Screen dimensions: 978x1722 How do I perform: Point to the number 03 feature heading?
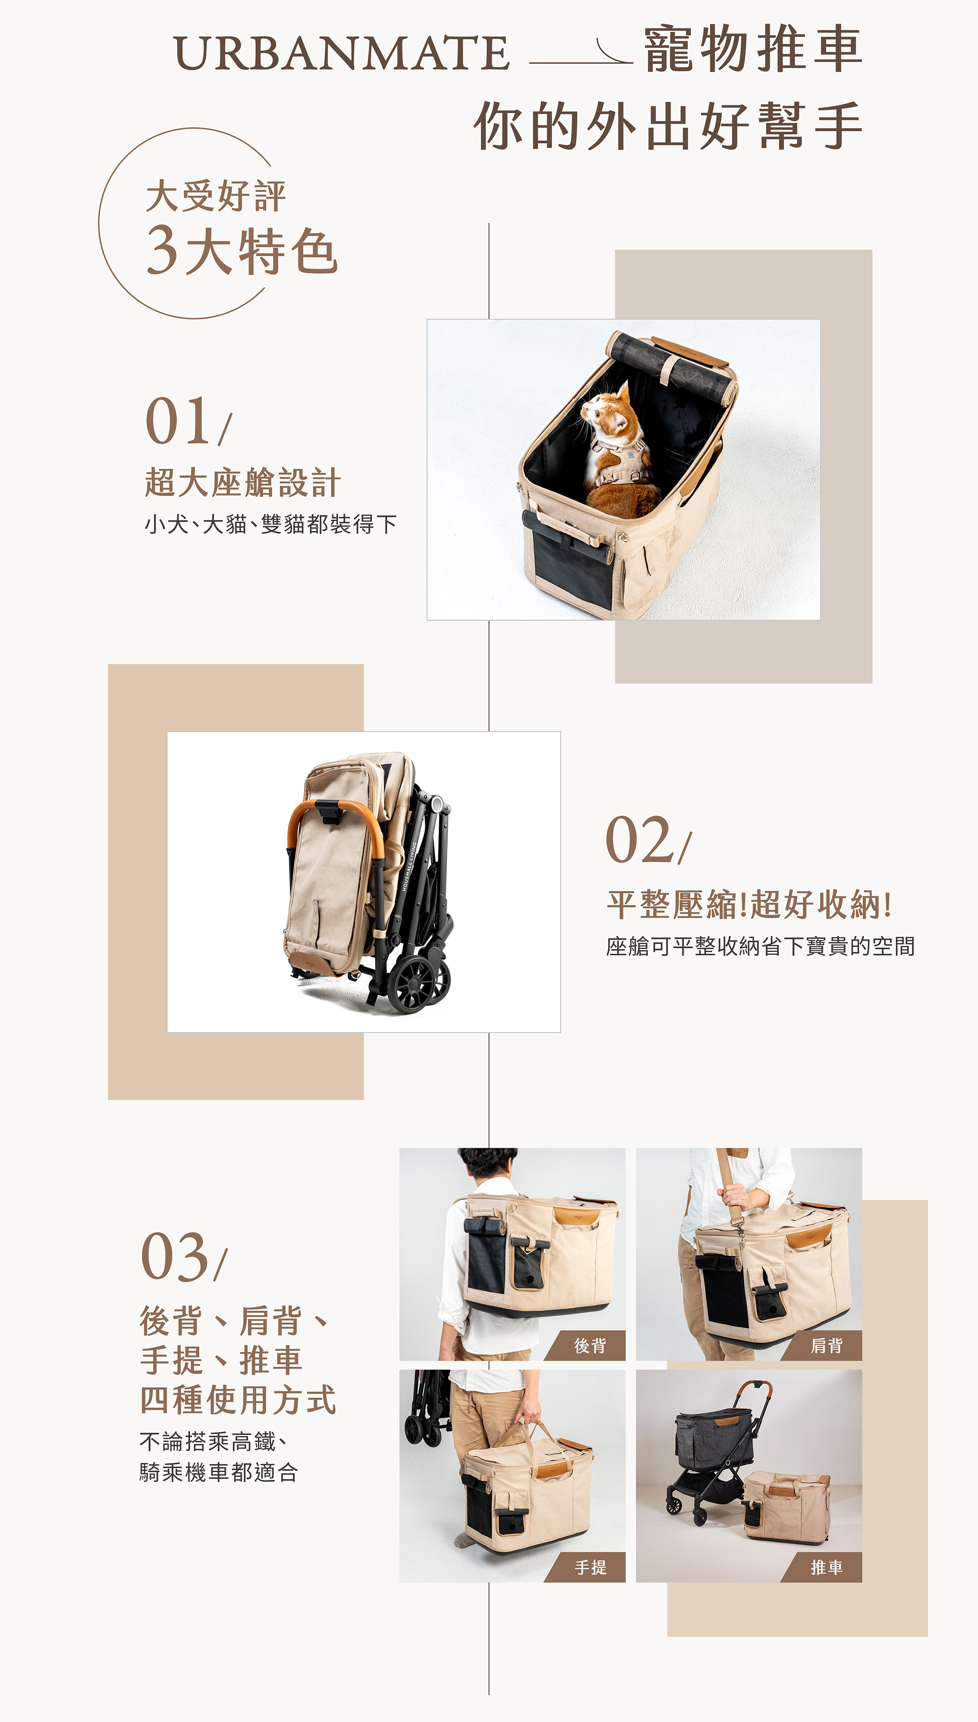(183, 1257)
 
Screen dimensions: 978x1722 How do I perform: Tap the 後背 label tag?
(585, 1345)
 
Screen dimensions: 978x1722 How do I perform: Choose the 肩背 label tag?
(821, 1345)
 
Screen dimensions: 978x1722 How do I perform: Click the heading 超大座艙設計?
(243, 483)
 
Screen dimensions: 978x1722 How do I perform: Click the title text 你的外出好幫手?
(668, 125)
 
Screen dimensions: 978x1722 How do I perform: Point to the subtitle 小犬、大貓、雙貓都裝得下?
(270, 524)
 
